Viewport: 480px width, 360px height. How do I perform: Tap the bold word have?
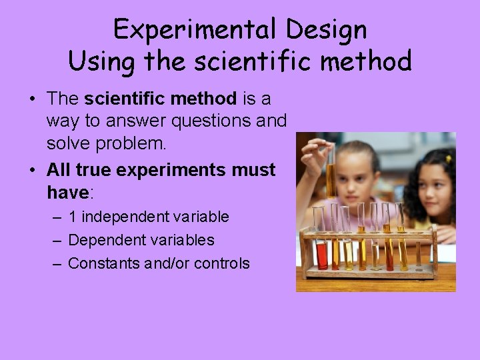(67, 193)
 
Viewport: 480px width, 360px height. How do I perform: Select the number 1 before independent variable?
(73, 217)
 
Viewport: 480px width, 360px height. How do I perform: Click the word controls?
(222, 263)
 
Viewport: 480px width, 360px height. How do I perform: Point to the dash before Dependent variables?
(57, 240)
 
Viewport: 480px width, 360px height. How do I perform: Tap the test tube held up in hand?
(331, 170)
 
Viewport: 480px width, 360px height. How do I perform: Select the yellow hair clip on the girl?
(448, 159)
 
